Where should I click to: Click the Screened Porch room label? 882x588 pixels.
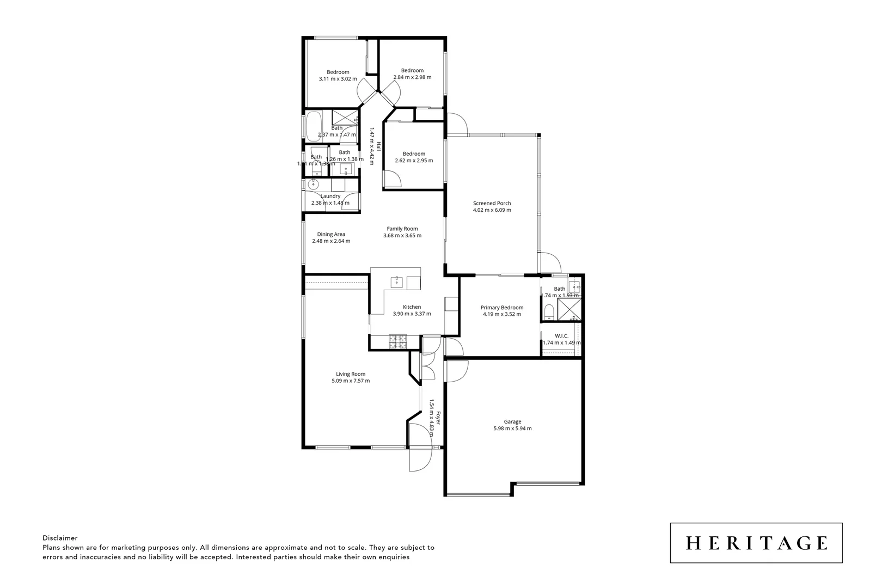(x=492, y=203)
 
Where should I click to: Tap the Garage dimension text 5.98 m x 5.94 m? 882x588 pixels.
(x=512, y=428)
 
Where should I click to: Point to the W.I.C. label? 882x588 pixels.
(x=561, y=336)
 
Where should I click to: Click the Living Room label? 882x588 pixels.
(x=350, y=374)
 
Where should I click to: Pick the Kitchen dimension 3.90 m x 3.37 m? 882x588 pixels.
(x=412, y=314)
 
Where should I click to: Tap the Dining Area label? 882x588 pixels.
(x=331, y=234)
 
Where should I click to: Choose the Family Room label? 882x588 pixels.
(x=402, y=229)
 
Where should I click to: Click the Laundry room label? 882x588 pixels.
(x=330, y=196)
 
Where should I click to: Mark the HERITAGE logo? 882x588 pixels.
(x=756, y=543)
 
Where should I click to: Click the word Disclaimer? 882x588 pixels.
(x=60, y=538)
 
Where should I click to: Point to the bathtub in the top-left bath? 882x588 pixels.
(x=314, y=126)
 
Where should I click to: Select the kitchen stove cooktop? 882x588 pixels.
(x=397, y=341)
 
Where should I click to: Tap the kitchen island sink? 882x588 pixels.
(x=397, y=281)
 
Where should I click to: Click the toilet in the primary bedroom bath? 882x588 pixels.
(x=549, y=312)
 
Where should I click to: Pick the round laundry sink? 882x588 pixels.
(x=314, y=185)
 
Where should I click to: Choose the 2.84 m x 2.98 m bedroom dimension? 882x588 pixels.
(x=412, y=77)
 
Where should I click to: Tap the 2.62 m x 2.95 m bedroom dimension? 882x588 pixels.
(x=414, y=161)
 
